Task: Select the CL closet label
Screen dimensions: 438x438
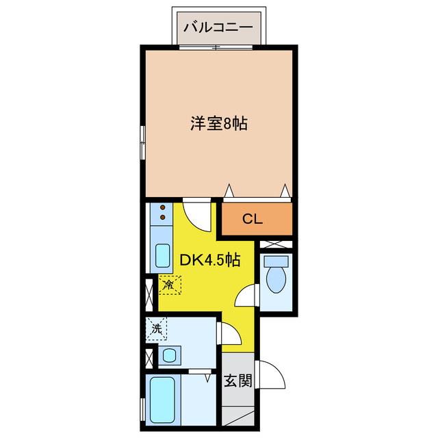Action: coord(253,220)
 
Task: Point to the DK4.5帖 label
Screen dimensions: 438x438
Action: coord(209,261)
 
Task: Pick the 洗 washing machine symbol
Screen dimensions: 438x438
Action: coord(157,329)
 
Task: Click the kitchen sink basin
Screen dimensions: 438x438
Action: coord(162,256)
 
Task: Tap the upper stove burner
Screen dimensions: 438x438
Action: coord(163,208)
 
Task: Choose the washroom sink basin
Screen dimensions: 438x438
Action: coord(168,355)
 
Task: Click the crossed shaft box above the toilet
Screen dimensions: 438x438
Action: coord(277,244)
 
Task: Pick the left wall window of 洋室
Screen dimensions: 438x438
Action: coord(143,142)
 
